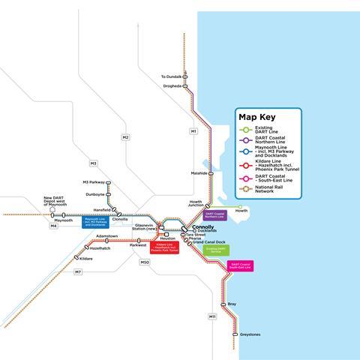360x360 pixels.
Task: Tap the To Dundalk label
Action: [x=172, y=76]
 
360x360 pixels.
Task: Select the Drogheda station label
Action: [x=172, y=86]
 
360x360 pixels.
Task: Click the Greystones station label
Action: [x=250, y=334]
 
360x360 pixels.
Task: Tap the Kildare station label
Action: [x=87, y=258]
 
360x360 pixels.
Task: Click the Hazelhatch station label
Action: [x=100, y=248]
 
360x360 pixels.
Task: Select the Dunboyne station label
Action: [x=94, y=193]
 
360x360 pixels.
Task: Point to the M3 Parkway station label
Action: [x=94, y=181]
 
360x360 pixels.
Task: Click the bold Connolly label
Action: [x=202, y=226]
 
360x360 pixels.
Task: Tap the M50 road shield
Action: [x=145, y=262]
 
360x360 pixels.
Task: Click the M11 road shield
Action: [x=212, y=316]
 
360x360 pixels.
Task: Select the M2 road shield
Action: [x=125, y=137]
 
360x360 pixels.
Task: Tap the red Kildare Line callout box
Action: [x=164, y=247]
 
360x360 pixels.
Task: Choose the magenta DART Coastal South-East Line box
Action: [x=241, y=265]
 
